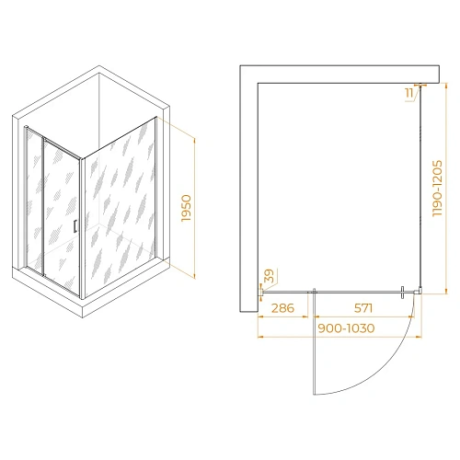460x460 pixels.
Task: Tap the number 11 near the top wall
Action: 408,90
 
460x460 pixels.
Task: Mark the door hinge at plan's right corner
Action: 408,293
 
